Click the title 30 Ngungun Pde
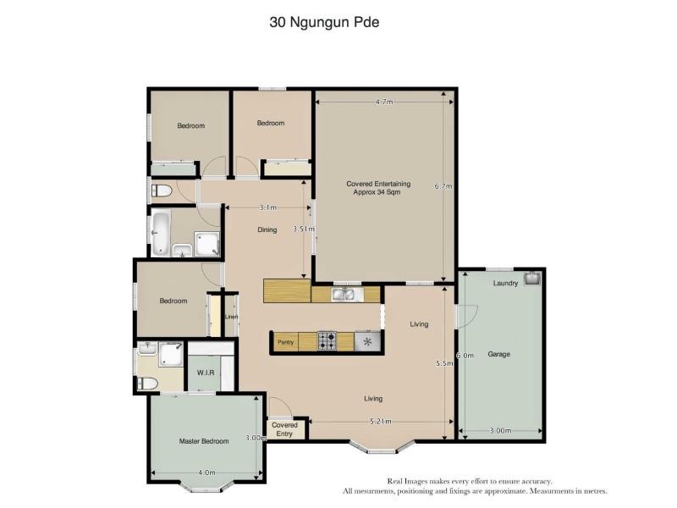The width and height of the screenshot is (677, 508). click(x=324, y=23)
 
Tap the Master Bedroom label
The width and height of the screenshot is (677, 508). click(x=204, y=441)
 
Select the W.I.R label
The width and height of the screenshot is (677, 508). click(x=206, y=373)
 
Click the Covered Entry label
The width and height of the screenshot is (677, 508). click(x=285, y=429)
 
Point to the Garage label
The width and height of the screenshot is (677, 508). click(x=498, y=354)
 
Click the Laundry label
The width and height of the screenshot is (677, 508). click(x=505, y=283)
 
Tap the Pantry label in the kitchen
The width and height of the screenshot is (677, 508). click(x=285, y=342)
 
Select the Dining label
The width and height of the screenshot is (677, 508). click(x=267, y=229)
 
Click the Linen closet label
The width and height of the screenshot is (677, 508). click(x=231, y=317)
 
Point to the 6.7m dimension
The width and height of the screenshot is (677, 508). click(x=443, y=186)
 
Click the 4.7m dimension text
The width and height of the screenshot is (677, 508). click(x=384, y=102)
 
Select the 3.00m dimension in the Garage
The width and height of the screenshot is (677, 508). click(x=500, y=431)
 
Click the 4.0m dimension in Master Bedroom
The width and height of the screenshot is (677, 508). click(x=206, y=472)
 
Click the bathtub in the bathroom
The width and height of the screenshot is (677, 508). click(x=162, y=233)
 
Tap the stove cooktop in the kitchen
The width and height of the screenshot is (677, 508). click(x=327, y=341)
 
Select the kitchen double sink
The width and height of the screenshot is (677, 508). click(x=344, y=295)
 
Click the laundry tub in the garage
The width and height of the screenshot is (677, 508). click(x=531, y=278)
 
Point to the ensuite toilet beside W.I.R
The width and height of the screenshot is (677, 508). click(x=146, y=384)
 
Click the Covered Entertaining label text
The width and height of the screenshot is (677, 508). click(x=378, y=187)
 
